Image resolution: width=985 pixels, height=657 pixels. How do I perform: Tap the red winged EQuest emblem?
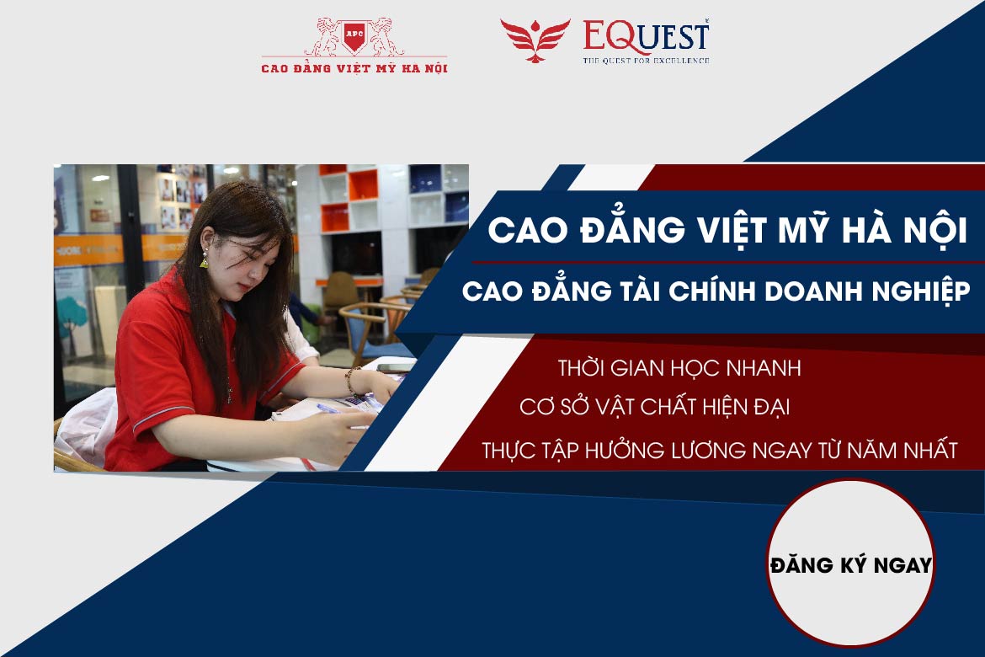click(535, 40)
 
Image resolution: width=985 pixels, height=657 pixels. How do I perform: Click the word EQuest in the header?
click(646, 37)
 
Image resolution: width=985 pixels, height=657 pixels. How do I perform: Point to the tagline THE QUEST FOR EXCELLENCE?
click(647, 61)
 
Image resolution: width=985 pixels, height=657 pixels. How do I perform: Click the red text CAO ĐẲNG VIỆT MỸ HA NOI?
click(354, 67)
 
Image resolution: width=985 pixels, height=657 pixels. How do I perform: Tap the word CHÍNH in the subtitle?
click(709, 291)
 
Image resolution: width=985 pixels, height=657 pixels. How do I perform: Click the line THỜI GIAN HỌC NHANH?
click(679, 369)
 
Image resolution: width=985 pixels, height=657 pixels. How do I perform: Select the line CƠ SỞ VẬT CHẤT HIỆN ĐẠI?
click(654, 409)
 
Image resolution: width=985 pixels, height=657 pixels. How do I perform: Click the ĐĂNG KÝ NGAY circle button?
click(850, 564)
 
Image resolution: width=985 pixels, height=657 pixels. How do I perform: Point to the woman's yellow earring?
click(204, 262)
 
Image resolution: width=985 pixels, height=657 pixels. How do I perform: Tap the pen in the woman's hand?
click(328, 410)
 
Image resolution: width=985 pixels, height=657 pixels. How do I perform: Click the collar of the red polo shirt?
click(168, 286)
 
